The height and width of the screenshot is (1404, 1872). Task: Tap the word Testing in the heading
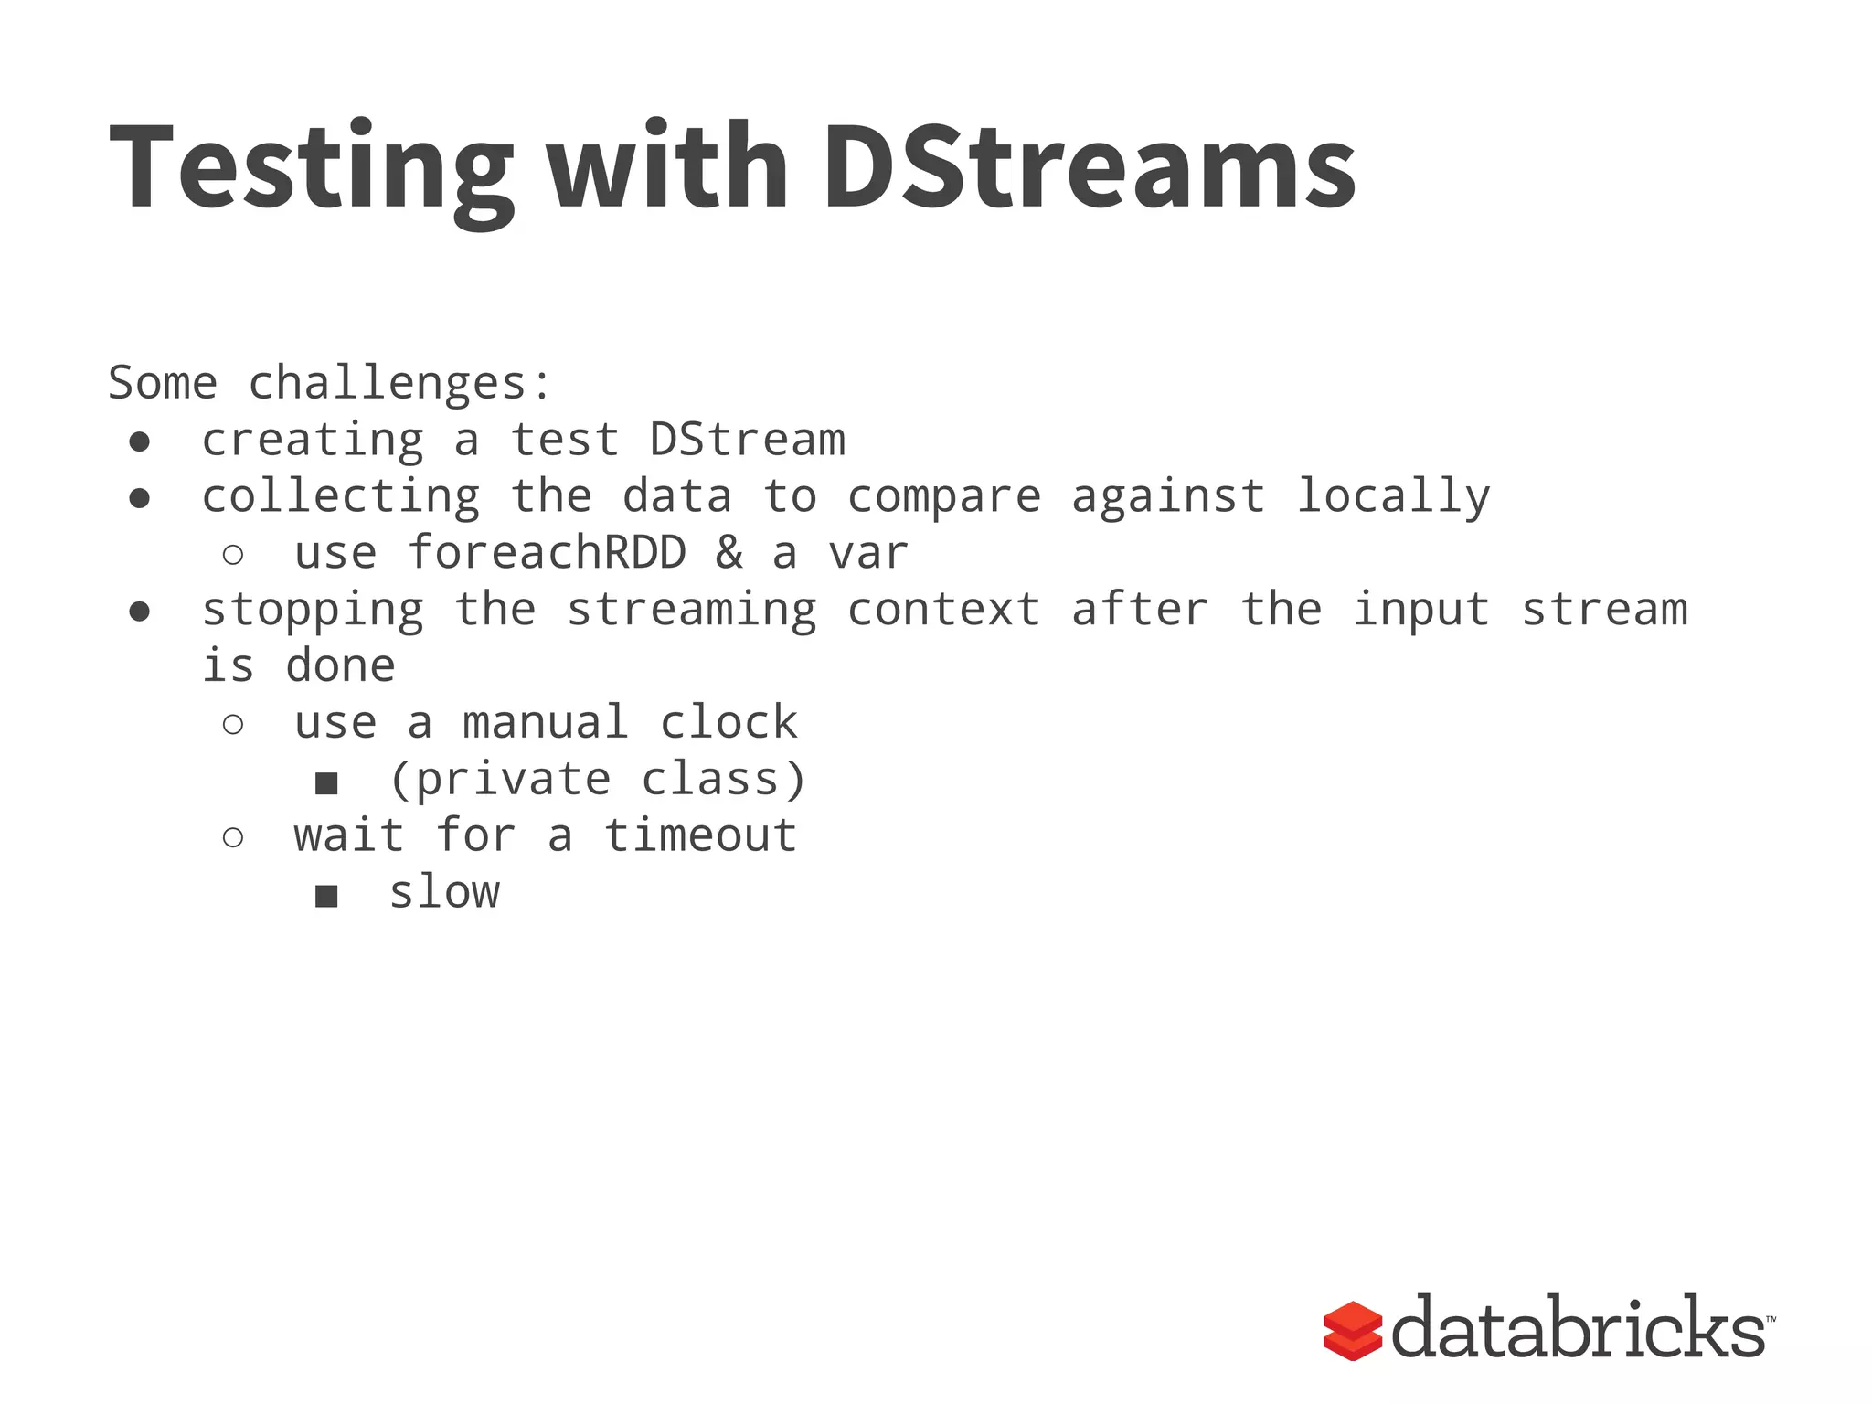click(311, 169)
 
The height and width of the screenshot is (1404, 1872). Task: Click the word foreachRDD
click(547, 553)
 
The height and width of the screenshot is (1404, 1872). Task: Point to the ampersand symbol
click(729, 553)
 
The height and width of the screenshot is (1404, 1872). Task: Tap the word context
click(943, 610)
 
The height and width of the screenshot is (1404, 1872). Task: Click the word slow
click(444, 893)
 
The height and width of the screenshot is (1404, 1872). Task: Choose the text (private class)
click(598, 780)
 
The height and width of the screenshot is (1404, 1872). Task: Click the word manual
click(546, 723)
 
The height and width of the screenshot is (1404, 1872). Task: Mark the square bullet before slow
click(326, 896)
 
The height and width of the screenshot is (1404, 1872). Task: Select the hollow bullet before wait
click(233, 837)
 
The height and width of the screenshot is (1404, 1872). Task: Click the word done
click(340, 666)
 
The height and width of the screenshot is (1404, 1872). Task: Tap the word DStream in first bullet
click(747, 440)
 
